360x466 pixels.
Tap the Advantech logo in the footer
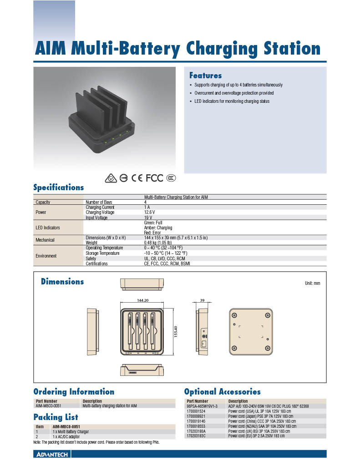[51, 454]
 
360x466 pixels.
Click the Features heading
[205, 76]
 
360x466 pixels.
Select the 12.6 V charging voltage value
[149, 213]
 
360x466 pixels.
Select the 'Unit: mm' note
[312, 283]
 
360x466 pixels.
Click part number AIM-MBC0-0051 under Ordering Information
[48, 405]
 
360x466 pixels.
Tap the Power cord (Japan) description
[259, 416]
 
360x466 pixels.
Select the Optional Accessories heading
[222, 392]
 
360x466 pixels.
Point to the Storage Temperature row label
[102, 253]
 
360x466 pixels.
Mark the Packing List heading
[56, 417]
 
